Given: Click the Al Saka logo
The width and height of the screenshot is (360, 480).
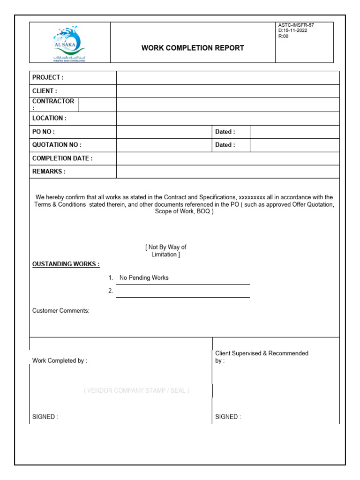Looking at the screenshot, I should (x=69, y=44).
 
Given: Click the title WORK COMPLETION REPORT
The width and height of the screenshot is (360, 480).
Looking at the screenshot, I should (x=193, y=48).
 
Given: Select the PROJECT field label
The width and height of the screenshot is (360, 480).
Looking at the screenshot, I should (x=48, y=77).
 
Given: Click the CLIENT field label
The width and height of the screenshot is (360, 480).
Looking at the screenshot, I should (x=45, y=91).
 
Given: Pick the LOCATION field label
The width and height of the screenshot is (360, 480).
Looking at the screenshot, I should (x=49, y=118).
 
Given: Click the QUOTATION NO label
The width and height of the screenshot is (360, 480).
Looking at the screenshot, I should (x=57, y=145).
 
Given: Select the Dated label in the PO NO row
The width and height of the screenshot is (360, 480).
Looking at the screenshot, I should (x=225, y=132).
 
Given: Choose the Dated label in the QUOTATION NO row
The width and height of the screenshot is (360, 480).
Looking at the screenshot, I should (x=225, y=145).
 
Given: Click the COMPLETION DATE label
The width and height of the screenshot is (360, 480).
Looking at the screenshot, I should (x=62, y=158).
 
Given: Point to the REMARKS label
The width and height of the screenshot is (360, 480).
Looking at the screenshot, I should (x=49, y=172).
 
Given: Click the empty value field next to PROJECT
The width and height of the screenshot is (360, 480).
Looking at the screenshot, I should (x=228, y=78).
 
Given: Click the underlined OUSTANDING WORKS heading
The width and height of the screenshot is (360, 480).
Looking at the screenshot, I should (x=66, y=264).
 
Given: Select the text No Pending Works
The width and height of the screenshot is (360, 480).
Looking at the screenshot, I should (x=144, y=277).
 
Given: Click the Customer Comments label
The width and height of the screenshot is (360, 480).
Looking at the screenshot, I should (x=60, y=311).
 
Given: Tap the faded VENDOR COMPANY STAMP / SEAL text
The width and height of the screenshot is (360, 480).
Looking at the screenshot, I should (x=137, y=390).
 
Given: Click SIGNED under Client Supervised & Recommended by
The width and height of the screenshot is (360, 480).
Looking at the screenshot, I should (x=228, y=417).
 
